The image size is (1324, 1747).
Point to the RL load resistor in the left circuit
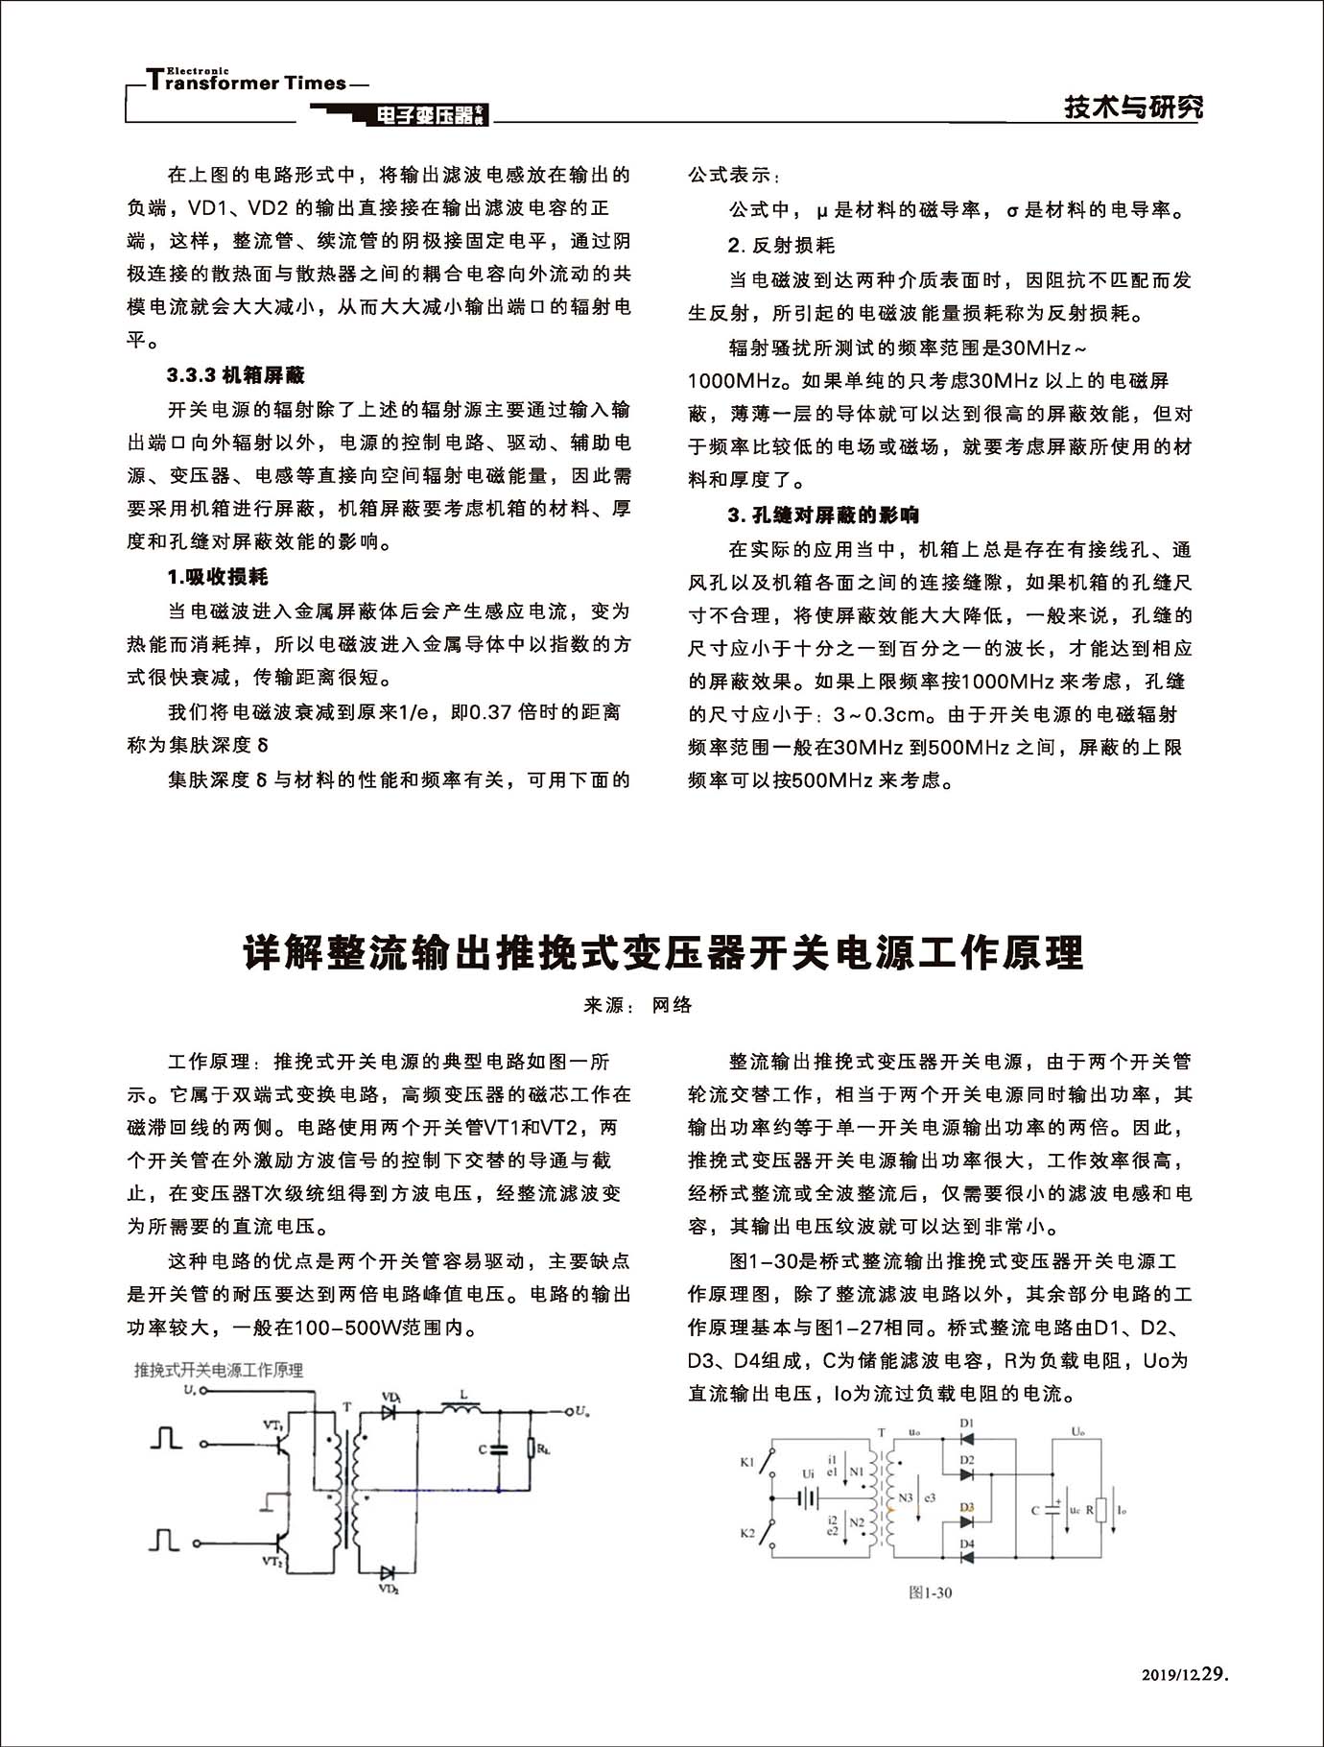pyautogui.click(x=531, y=1448)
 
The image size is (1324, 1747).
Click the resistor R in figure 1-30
pyautogui.click(x=1101, y=1510)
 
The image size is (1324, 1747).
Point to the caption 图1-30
pyautogui.click(x=930, y=1592)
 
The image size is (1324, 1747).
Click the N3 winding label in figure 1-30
pyautogui.click(x=906, y=1497)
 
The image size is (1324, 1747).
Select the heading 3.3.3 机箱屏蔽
pyautogui.click(x=236, y=375)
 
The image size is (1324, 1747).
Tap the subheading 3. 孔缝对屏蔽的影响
pyautogui.click(x=823, y=515)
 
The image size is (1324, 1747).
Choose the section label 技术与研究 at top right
pyautogui.click(x=1133, y=107)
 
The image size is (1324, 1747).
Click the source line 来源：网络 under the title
pyautogui.click(x=638, y=1005)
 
